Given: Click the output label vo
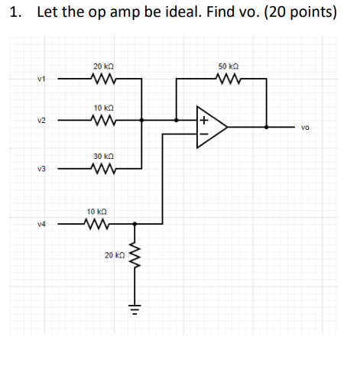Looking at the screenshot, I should coord(305,129).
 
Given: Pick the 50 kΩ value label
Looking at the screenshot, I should coord(229,67).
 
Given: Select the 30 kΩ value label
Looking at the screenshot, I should coord(102,156).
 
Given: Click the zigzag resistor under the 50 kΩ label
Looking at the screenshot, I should coord(228,78).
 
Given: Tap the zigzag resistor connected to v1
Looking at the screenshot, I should coord(102,78).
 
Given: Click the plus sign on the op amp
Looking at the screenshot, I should coord(205,119).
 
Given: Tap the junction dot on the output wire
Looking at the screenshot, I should coord(266,127).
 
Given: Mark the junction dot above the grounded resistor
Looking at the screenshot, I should coord(135,224).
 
